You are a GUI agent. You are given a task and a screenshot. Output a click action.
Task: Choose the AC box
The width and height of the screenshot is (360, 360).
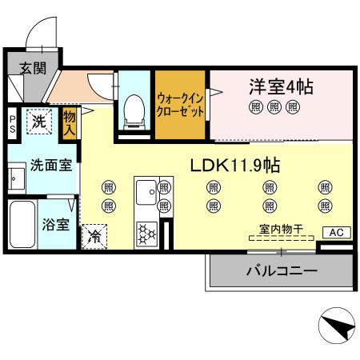[337, 232]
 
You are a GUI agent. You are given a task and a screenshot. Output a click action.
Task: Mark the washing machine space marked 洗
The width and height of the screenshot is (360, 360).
[38, 122]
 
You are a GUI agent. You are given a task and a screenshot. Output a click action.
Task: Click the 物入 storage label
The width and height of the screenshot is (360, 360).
[70, 124]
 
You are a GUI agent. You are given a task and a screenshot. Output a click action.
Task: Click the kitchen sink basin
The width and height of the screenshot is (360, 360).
[146, 192]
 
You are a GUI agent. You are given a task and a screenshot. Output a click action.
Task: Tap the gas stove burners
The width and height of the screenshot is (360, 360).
[146, 233]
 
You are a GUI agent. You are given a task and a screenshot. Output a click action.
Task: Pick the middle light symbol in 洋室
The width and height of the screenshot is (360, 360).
[274, 106]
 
